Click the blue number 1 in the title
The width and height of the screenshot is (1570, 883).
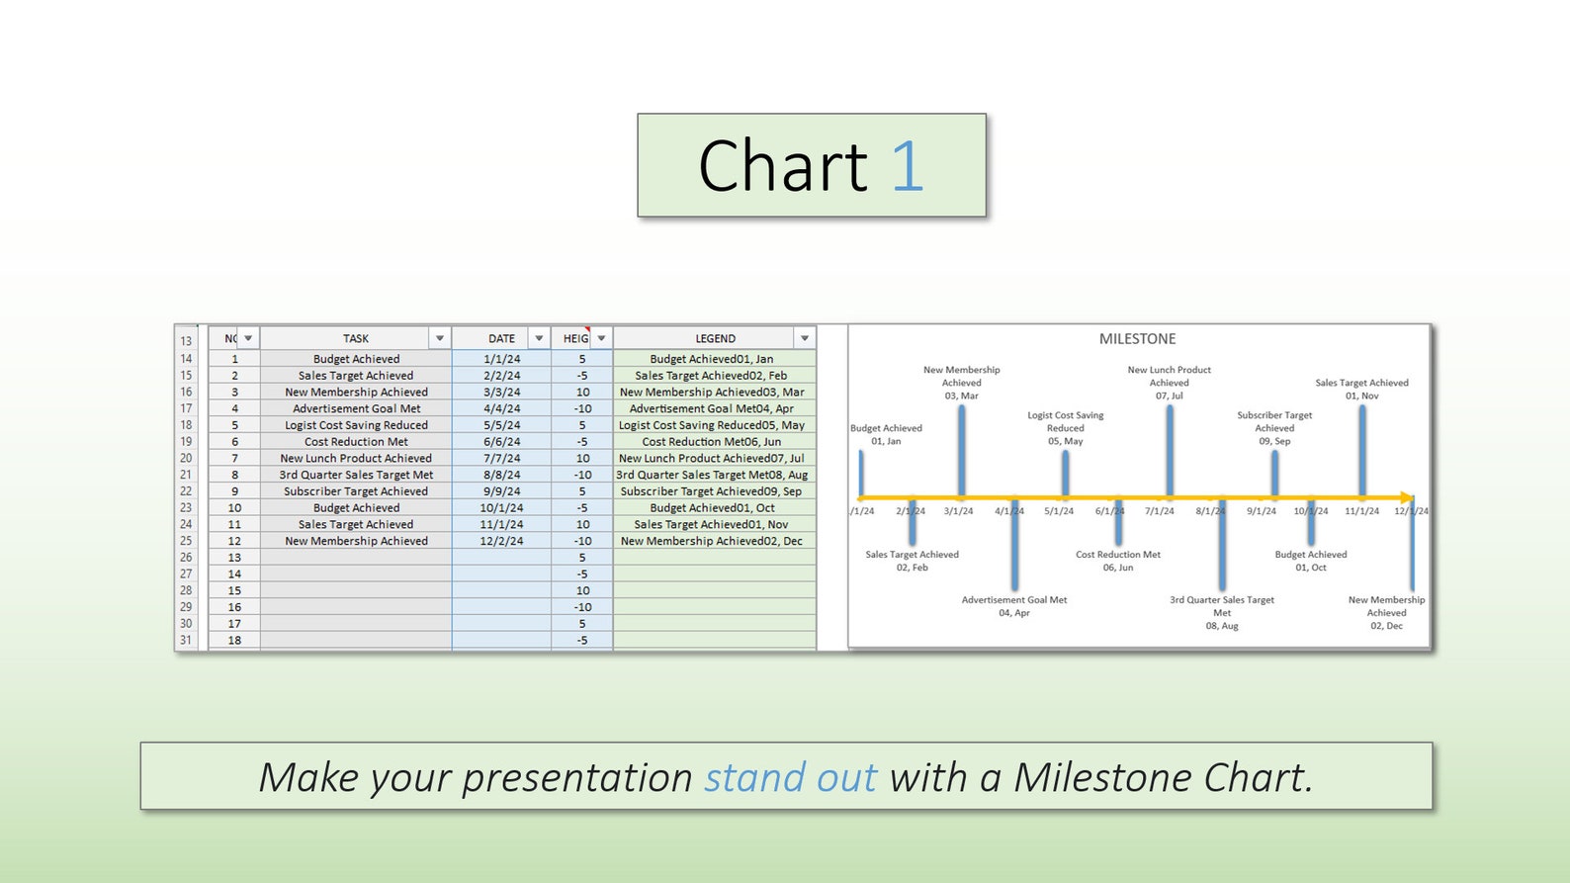tap(907, 166)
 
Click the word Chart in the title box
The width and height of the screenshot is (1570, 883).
tap(782, 166)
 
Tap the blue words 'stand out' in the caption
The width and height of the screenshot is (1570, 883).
tap(790, 777)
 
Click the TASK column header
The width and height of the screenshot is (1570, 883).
tap(355, 338)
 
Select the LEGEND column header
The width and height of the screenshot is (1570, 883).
tap(714, 338)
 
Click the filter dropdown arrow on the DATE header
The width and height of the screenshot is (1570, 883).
tap(539, 338)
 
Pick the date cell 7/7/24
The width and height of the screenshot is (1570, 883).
tap(501, 458)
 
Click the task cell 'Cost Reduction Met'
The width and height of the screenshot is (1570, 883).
tap(356, 442)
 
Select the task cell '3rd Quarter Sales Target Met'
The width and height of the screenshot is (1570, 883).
tap(356, 475)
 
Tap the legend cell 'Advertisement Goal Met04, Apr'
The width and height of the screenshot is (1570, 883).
tap(712, 408)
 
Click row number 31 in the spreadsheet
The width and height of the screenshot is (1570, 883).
tap(186, 640)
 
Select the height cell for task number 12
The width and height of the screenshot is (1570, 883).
tap(582, 541)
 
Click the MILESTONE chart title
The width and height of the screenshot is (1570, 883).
tap(1137, 338)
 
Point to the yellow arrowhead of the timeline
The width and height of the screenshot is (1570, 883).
tap(1407, 497)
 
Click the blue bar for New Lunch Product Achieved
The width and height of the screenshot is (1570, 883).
tap(1170, 450)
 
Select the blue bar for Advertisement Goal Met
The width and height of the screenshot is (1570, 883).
tap(1014, 544)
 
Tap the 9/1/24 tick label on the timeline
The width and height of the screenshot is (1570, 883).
tap(1261, 511)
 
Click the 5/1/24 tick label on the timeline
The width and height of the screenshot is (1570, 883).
tap(1058, 511)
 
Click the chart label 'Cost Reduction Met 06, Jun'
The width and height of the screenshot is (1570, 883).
tap(1118, 561)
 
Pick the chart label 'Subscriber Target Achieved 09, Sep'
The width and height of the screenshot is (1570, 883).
tap(1274, 428)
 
